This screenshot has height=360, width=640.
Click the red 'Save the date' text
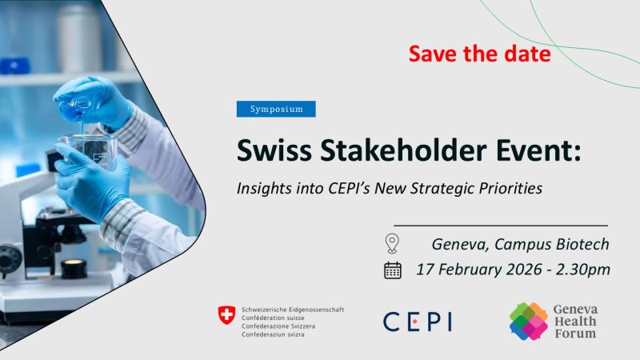479,54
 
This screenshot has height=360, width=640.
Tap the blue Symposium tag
276,109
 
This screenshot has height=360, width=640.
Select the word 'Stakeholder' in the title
403,150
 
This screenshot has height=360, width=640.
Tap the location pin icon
392,243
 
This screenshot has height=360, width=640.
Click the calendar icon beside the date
393,270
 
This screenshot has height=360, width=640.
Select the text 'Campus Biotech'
551,244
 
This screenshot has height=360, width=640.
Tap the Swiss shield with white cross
226,315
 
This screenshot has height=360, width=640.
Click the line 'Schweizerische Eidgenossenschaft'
293,310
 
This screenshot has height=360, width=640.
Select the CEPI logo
418,322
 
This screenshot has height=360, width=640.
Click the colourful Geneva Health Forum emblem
529,322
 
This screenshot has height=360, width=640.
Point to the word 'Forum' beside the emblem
575,334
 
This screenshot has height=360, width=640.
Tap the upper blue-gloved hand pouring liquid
93,102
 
